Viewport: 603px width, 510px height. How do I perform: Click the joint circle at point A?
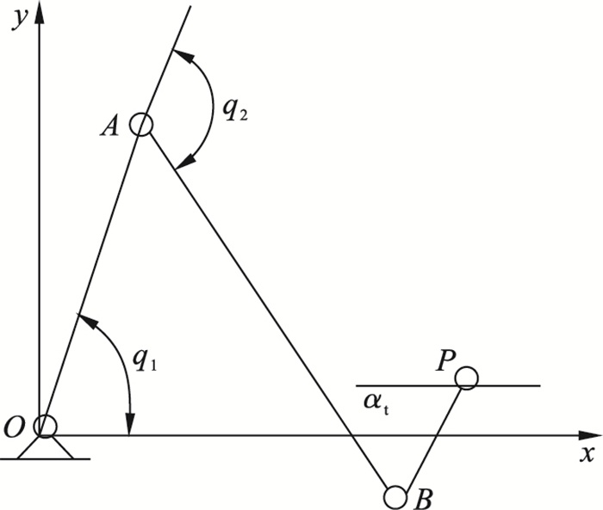click(x=141, y=126)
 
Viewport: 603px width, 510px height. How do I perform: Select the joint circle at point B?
click(x=395, y=496)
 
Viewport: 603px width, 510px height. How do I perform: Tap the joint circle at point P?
click(x=466, y=378)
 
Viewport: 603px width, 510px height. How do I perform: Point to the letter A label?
click(x=109, y=126)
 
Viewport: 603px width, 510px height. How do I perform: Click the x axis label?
click(x=587, y=452)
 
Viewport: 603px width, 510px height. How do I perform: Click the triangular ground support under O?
click(x=45, y=447)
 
